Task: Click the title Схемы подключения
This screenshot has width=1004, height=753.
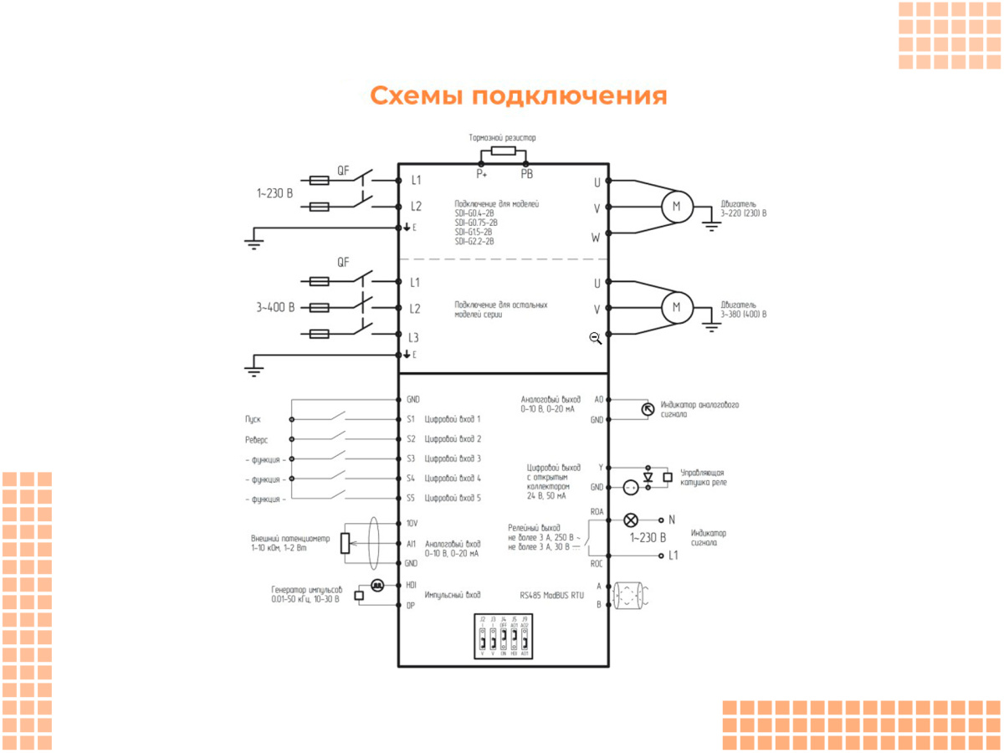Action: pyautogui.click(x=518, y=96)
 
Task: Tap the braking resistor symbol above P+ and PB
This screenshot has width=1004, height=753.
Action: pyautogui.click(x=504, y=151)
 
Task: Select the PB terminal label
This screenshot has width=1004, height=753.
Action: pyautogui.click(x=526, y=174)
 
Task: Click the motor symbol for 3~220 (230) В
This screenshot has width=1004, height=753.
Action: pyautogui.click(x=677, y=206)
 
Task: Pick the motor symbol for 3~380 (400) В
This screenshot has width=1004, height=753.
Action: pyautogui.click(x=677, y=307)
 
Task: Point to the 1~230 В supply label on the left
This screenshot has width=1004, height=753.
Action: pyautogui.click(x=274, y=193)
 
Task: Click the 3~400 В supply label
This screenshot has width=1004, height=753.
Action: pyautogui.click(x=275, y=307)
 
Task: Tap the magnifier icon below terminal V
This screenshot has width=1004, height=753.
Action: pyautogui.click(x=595, y=338)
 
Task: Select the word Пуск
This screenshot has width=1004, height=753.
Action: pyautogui.click(x=253, y=418)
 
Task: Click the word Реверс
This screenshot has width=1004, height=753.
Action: pyautogui.click(x=256, y=438)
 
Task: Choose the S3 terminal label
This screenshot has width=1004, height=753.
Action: pyautogui.click(x=411, y=458)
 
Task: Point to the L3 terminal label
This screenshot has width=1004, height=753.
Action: pyautogui.click(x=413, y=338)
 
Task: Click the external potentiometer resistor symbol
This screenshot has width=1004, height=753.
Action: pyautogui.click(x=344, y=543)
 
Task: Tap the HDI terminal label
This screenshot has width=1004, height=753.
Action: pyautogui.click(x=411, y=585)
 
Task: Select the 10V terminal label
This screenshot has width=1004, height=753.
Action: pyautogui.click(x=412, y=523)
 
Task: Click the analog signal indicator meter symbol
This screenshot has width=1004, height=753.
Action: pyautogui.click(x=647, y=408)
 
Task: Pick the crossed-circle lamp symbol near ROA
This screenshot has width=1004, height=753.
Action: pyautogui.click(x=632, y=519)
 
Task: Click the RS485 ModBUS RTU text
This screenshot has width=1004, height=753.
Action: pyautogui.click(x=551, y=595)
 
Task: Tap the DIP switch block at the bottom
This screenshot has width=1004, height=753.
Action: pyautogui.click(x=503, y=638)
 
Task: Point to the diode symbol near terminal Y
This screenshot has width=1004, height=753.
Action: pyautogui.click(x=648, y=477)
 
